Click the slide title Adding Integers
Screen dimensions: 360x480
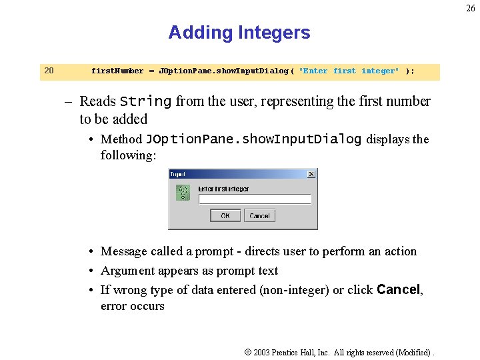click(x=239, y=33)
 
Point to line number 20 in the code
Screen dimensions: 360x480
click(x=49, y=71)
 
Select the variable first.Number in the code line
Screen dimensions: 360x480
click(x=117, y=71)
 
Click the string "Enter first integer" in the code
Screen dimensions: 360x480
click(x=349, y=71)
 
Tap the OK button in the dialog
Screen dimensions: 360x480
click(x=225, y=215)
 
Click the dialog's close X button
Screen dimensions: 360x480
click(x=311, y=174)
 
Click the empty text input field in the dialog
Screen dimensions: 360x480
click(x=255, y=199)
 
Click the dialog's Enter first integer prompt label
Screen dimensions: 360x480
click(x=223, y=189)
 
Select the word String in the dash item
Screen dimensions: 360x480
click(x=145, y=102)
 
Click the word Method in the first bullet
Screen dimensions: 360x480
click(x=121, y=139)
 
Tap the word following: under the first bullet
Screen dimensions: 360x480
click(x=128, y=155)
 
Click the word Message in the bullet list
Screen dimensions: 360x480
click(x=124, y=251)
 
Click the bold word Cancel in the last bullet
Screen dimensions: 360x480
click(x=399, y=290)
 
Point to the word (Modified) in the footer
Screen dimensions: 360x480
click(x=413, y=352)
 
